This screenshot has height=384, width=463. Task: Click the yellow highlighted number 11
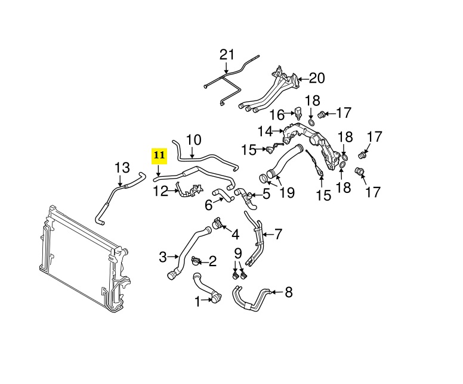[159, 155]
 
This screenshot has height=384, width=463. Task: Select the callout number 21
[227, 55]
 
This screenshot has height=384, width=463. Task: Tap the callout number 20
[317, 79]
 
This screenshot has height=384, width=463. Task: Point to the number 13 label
[122, 168]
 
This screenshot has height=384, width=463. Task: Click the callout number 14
[266, 132]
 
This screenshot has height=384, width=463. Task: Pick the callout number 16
[277, 115]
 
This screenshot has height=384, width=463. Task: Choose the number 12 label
[160, 191]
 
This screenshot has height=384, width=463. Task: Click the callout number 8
[288, 292]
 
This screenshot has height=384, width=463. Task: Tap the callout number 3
[163, 257]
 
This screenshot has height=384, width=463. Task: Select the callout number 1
[197, 301]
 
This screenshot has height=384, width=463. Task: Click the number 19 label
[287, 193]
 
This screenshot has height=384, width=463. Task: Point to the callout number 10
[194, 141]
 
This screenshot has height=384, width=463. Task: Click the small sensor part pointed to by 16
[298, 113]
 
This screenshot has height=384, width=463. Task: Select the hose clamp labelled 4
[217, 224]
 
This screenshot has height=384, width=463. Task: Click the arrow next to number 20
[304, 79]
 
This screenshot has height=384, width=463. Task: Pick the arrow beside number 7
[268, 235]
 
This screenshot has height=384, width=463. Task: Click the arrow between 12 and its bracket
[174, 191]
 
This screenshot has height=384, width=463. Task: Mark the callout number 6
[208, 205]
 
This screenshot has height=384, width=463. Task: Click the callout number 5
[266, 194]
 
